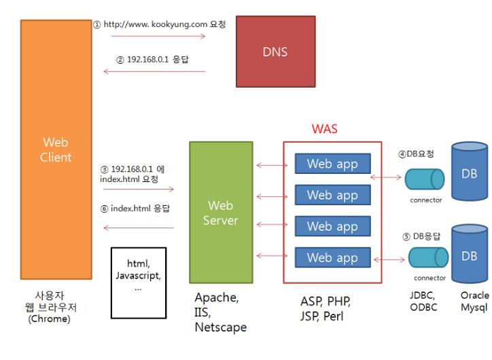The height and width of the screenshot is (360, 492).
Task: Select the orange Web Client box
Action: click(56, 149)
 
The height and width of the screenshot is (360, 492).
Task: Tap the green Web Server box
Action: click(221, 212)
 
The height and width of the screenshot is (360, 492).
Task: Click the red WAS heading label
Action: click(324, 129)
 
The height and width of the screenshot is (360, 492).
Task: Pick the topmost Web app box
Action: click(332, 164)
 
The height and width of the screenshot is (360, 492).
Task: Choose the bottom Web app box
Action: click(332, 257)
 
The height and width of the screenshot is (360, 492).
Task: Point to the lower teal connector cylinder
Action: click(427, 257)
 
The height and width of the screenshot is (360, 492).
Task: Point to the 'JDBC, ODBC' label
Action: click(424, 302)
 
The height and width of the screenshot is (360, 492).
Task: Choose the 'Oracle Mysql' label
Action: click(474, 302)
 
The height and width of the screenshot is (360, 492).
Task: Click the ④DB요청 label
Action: click(415, 154)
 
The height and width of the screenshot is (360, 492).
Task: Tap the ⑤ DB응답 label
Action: click(421, 236)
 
